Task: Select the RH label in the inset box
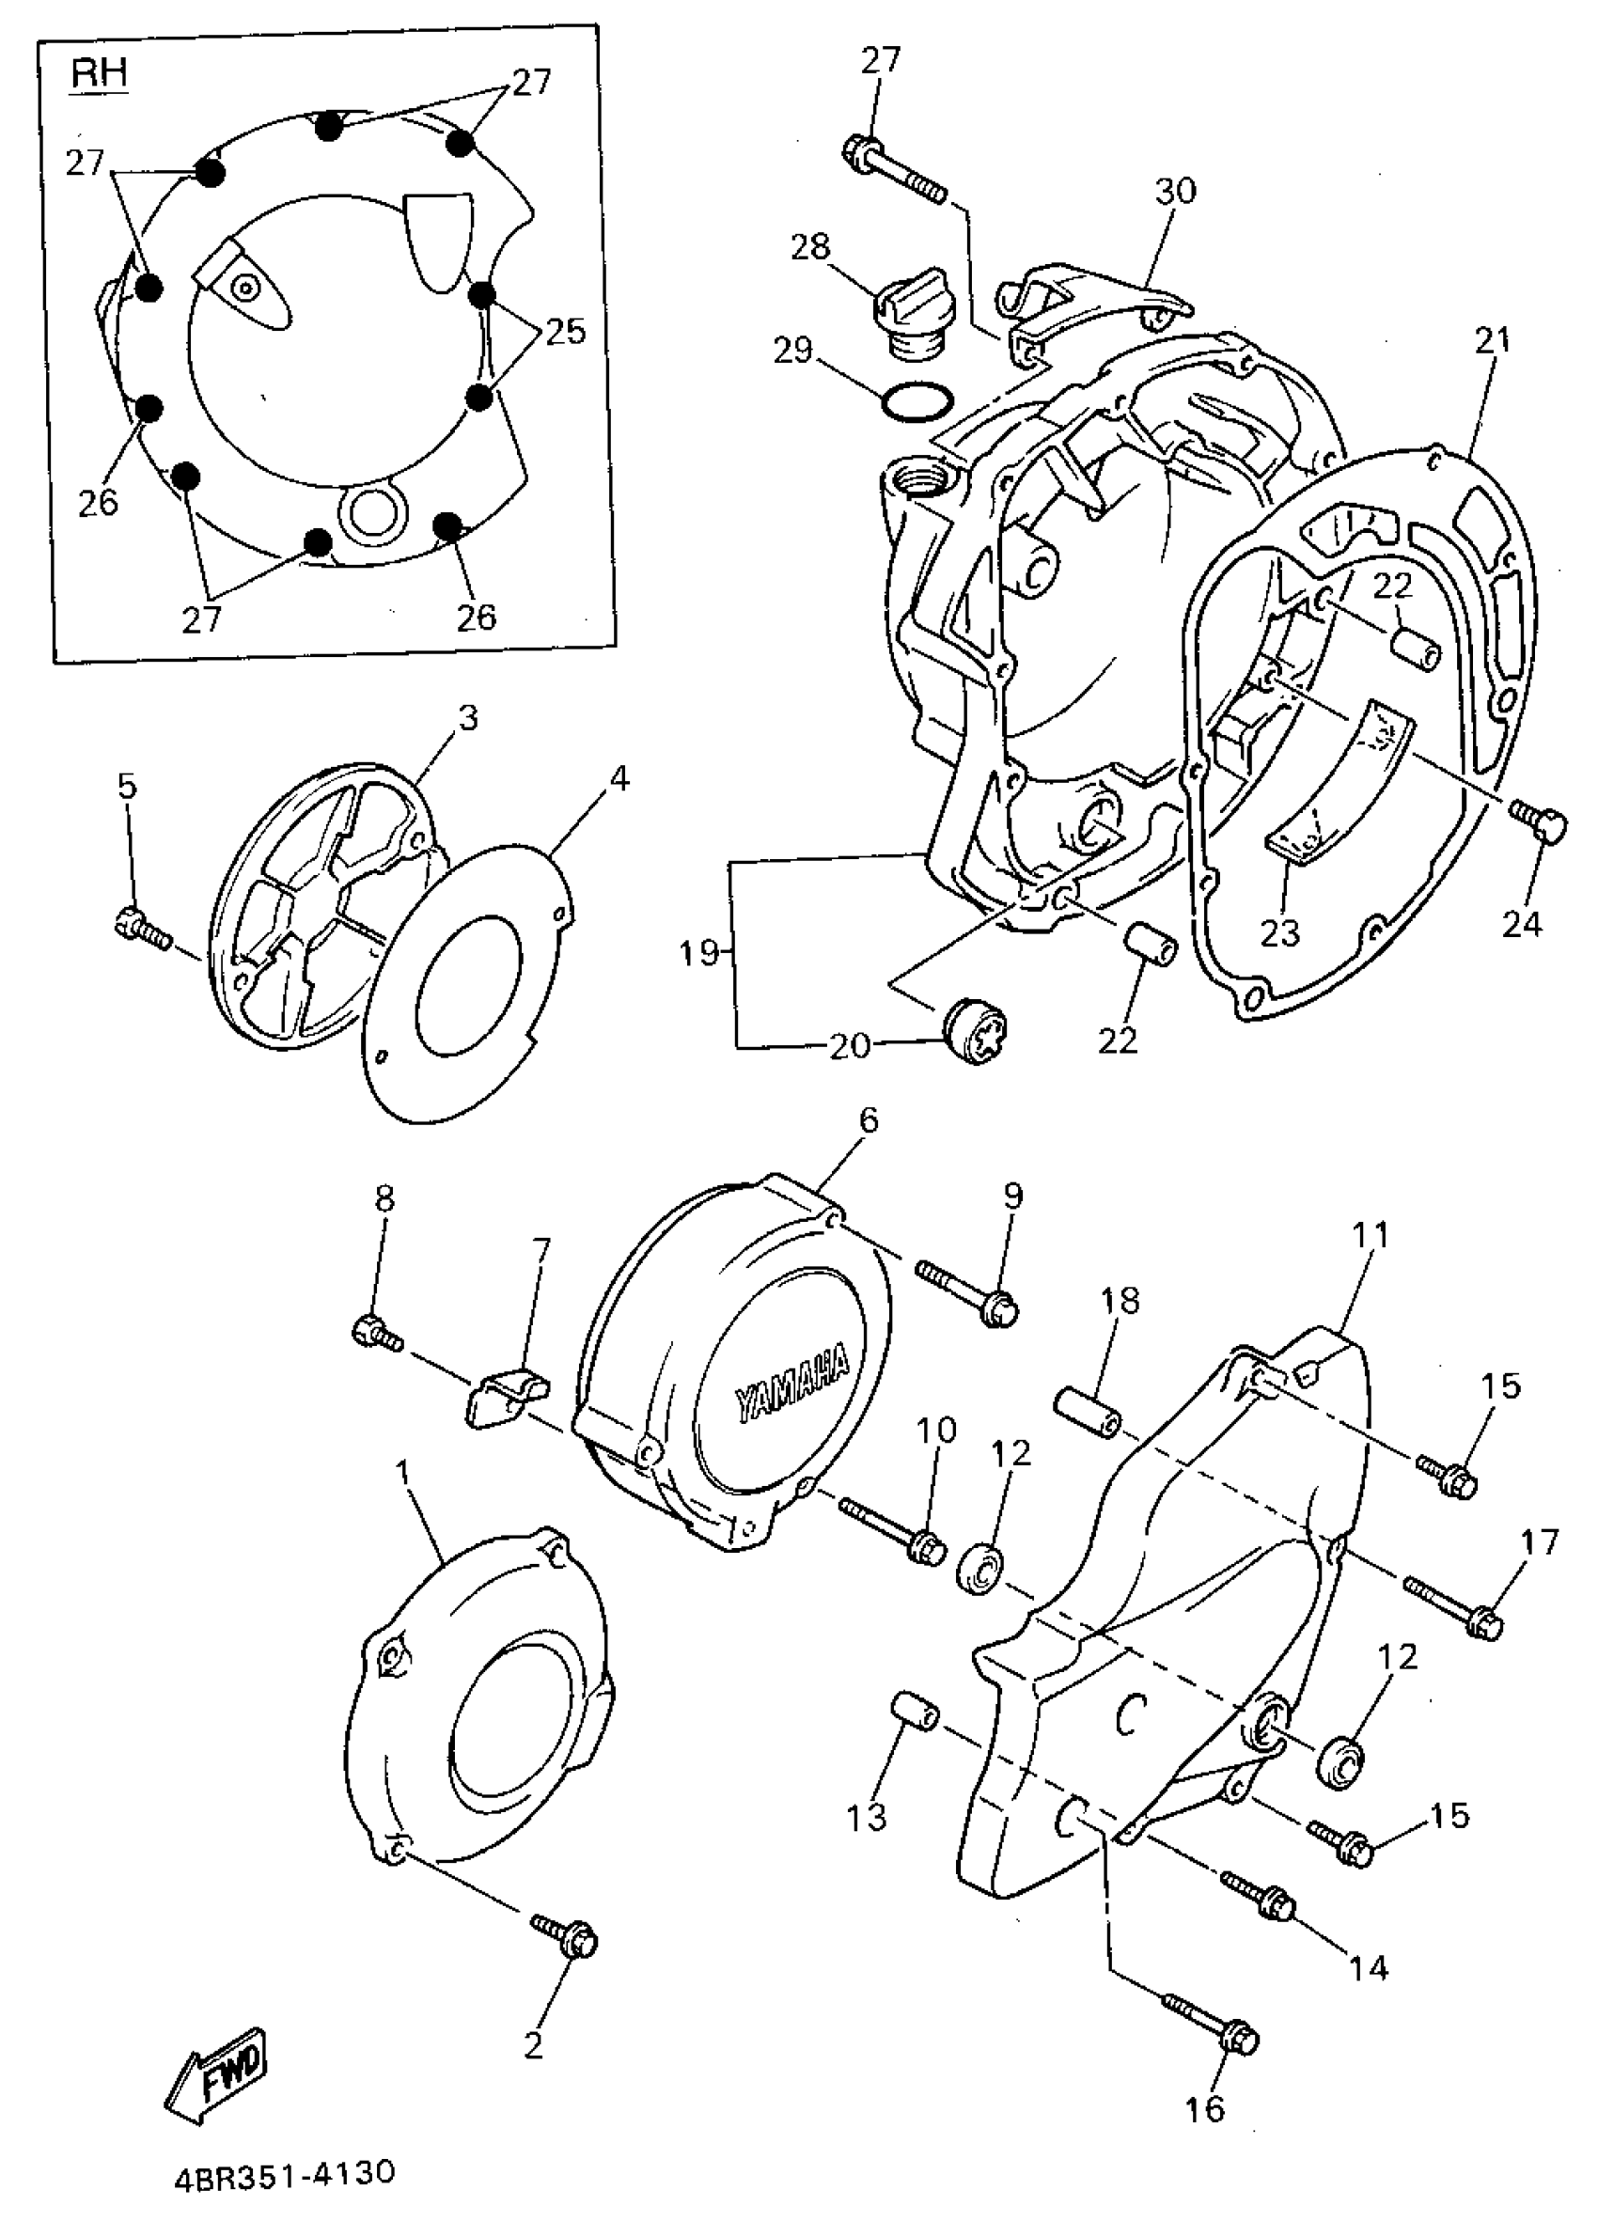point(99,73)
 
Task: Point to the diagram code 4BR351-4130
point(285,2173)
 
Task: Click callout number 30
point(1175,190)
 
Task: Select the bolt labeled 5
point(143,926)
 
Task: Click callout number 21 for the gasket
point(1493,340)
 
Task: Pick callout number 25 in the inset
point(565,331)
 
